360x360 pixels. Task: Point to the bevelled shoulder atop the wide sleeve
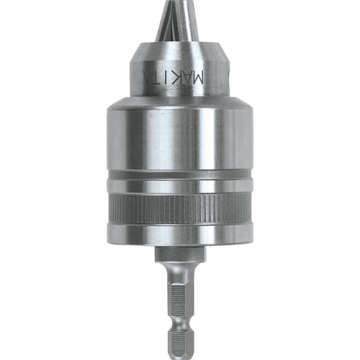coord(179,101)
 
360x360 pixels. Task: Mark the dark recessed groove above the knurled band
coord(179,175)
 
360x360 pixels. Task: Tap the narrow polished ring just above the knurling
coord(179,188)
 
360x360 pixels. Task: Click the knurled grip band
coord(179,208)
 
